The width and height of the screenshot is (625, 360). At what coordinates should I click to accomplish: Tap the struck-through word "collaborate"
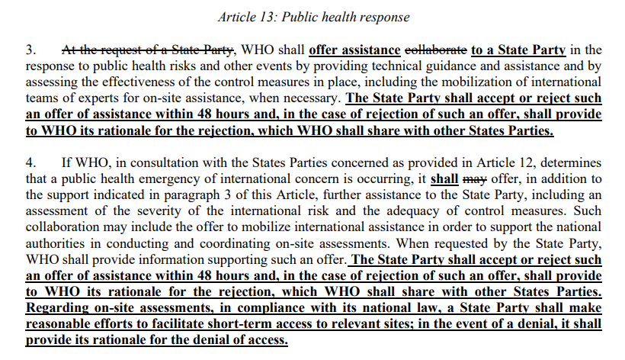pos(435,51)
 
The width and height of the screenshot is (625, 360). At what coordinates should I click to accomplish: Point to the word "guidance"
pos(443,66)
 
